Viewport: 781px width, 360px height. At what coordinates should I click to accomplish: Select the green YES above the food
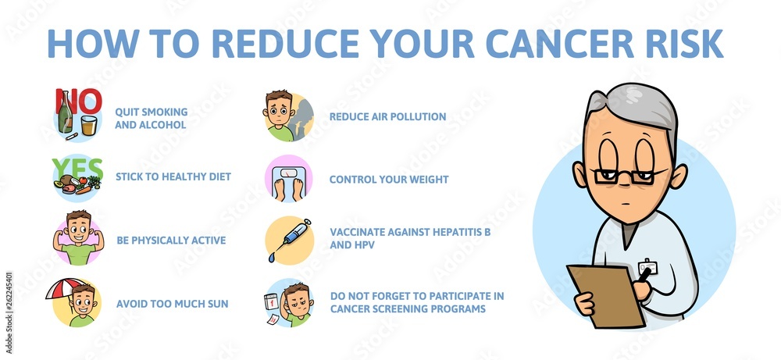pyautogui.click(x=77, y=169)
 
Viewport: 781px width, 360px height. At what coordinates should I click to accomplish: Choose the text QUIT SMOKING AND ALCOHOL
pyautogui.click(x=151, y=118)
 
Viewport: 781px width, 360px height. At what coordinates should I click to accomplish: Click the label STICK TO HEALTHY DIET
pyautogui.click(x=173, y=176)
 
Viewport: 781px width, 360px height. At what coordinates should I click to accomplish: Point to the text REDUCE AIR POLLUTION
pyautogui.click(x=387, y=117)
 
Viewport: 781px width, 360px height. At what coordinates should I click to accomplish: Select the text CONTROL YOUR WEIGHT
pyautogui.click(x=388, y=180)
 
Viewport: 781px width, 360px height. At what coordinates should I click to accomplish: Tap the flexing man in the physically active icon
pyautogui.click(x=78, y=237)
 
